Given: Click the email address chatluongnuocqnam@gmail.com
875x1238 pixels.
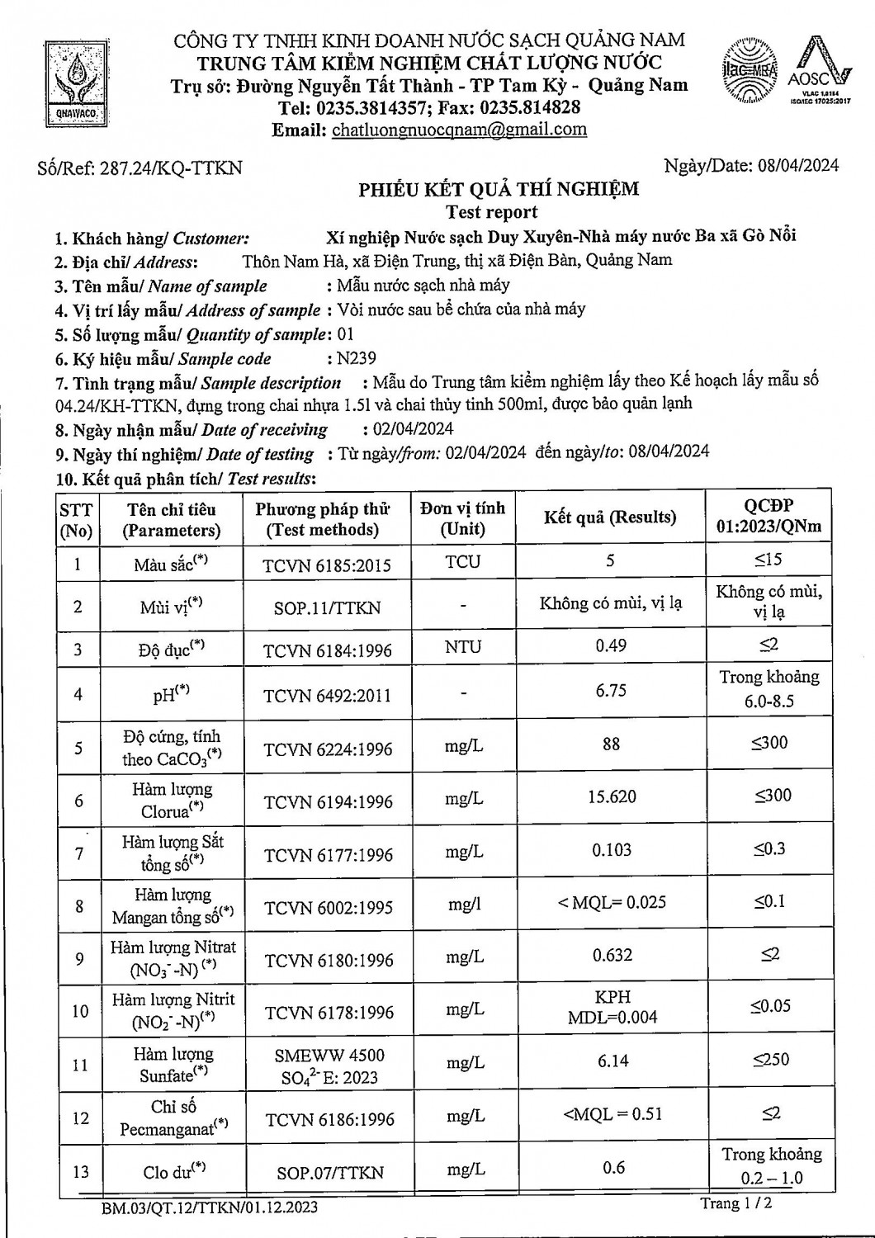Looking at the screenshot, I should click(459, 130).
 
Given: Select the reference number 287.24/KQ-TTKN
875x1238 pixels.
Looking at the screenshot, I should click(171, 168).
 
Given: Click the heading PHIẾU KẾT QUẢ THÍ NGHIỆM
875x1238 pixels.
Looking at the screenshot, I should click(499, 189).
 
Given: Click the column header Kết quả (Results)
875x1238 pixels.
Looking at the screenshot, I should click(610, 517).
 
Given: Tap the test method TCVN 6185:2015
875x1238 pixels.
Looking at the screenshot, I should click(327, 565).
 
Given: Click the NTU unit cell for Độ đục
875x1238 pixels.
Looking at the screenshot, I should click(462, 647).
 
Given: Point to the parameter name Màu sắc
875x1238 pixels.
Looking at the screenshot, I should click(170, 565).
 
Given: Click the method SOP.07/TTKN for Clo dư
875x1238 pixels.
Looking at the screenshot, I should click(329, 1172).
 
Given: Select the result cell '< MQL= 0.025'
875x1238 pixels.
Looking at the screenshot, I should click(612, 902).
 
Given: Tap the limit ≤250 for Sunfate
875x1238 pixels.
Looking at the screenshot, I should click(770, 1059).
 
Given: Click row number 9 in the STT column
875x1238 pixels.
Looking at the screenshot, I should click(79, 958).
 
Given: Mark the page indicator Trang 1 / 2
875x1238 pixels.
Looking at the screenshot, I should click(736, 1203).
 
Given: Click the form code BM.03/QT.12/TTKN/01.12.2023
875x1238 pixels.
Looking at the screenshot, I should click(210, 1207).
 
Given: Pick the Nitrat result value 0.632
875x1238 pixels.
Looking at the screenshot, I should click(612, 955).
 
